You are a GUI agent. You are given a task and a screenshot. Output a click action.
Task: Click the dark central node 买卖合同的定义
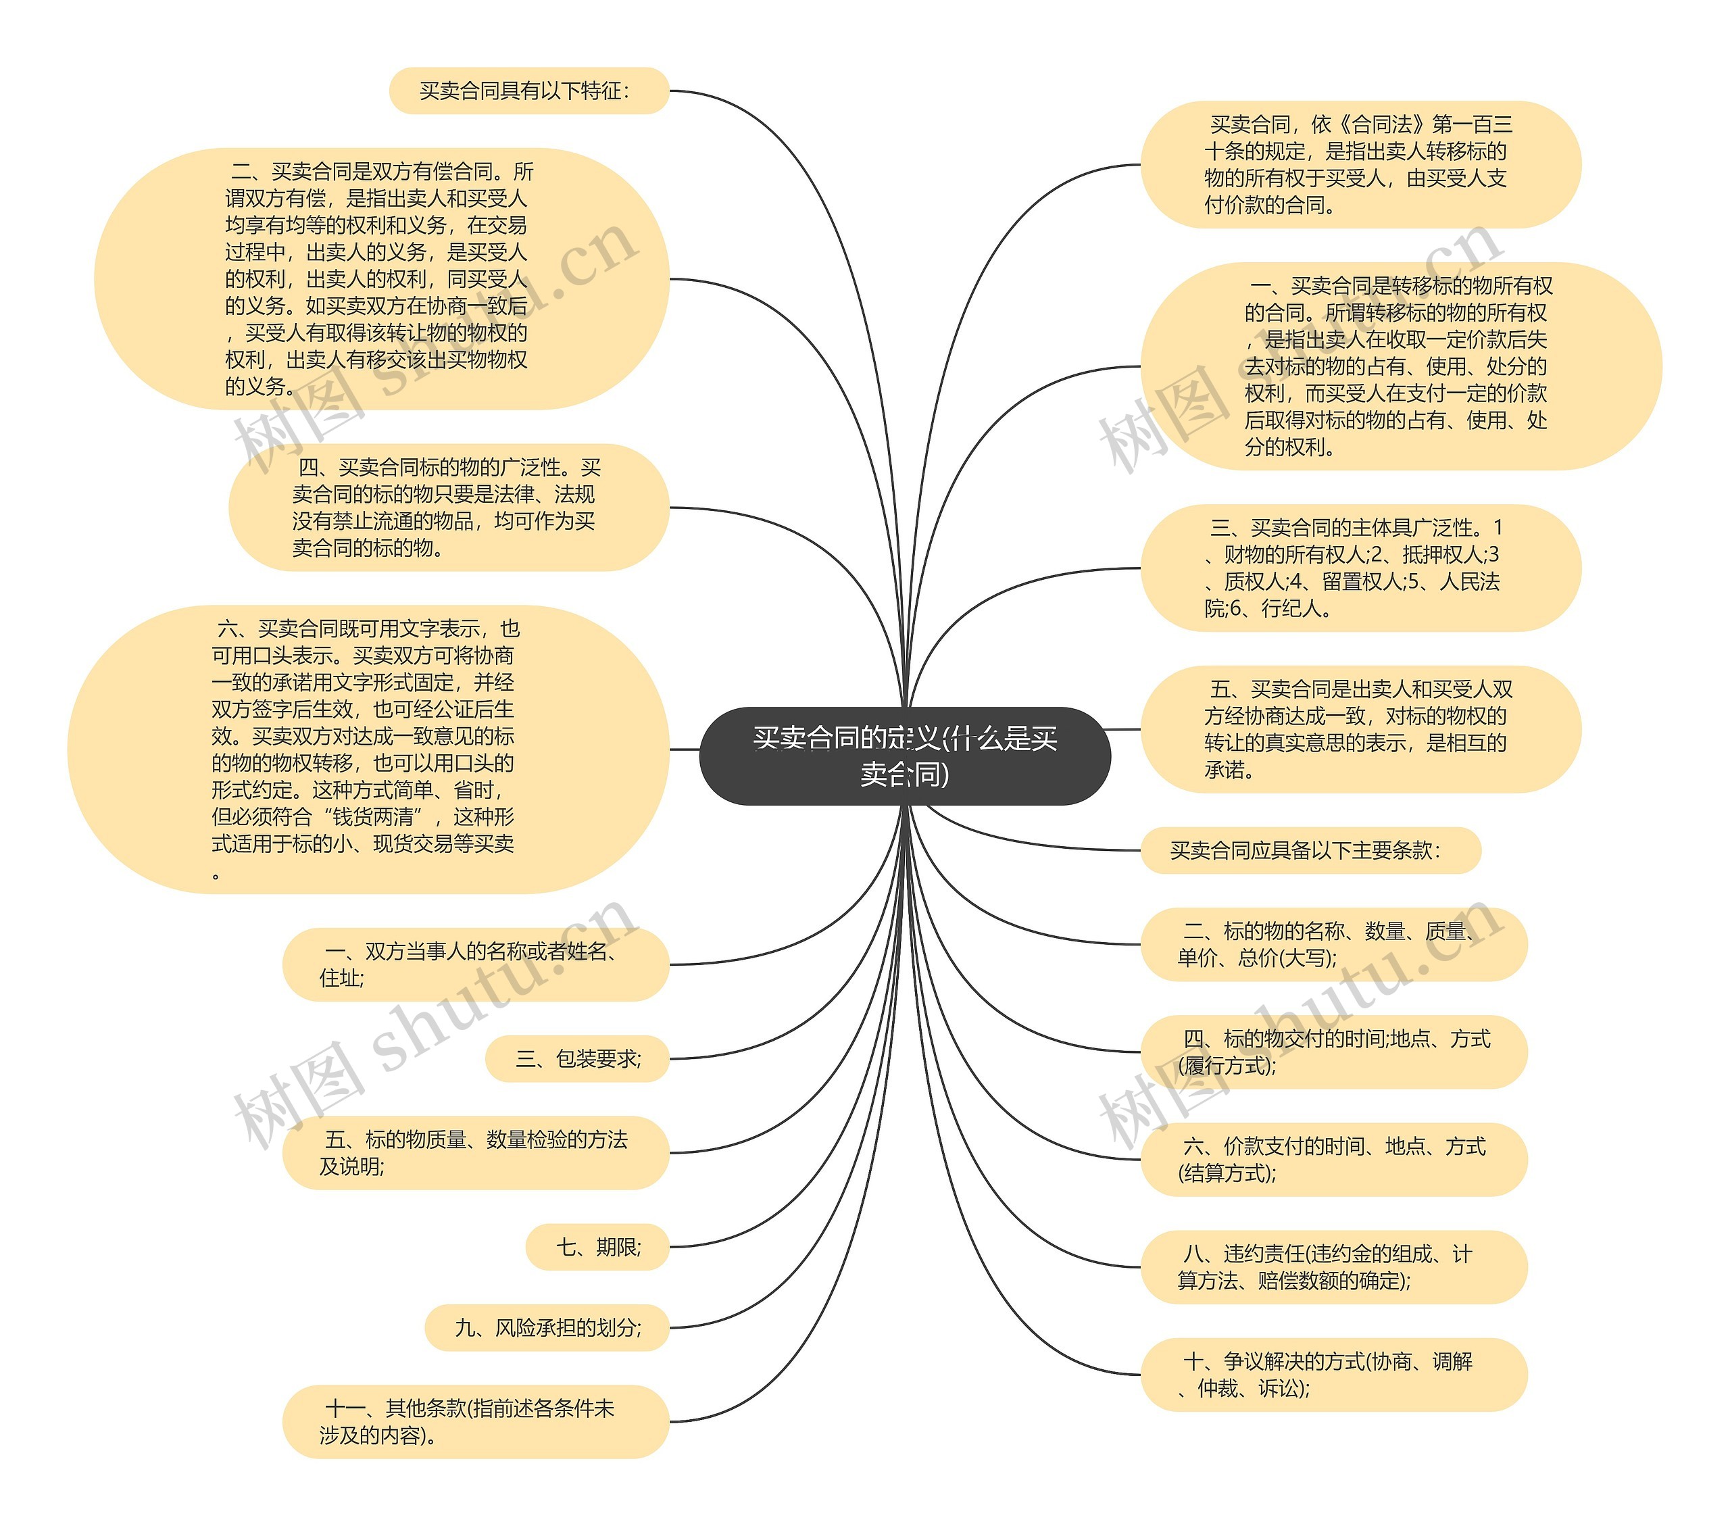pyautogui.click(x=905, y=755)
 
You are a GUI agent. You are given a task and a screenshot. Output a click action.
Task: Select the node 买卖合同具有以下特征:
pyautogui.click(x=528, y=91)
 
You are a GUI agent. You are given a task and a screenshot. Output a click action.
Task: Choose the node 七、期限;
pyautogui.click(x=597, y=1247)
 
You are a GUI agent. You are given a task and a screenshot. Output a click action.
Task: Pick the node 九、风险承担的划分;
pyautogui.click(x=547, y=1327)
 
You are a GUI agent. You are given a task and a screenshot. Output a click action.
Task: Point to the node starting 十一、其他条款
pyautogui.click(x=475, y=1421)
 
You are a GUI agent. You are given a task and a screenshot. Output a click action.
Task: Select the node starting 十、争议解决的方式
pyautogui.click(x=1333, y=1374)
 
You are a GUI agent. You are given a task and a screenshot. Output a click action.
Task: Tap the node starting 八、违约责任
pyautogui.click(x=1333, y=1266)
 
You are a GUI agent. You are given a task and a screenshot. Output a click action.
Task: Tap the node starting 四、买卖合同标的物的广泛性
pyautogui.click(x=448, y=507)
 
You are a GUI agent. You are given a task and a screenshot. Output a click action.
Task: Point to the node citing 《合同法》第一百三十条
pyautogui.click(x=1360, y=164)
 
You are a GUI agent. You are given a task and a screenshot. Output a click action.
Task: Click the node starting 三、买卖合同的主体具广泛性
pyautogui.click(x=1360, y=567)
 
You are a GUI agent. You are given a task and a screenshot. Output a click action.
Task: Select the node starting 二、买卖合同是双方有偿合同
pyautogui.click(x=381, y=278)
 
